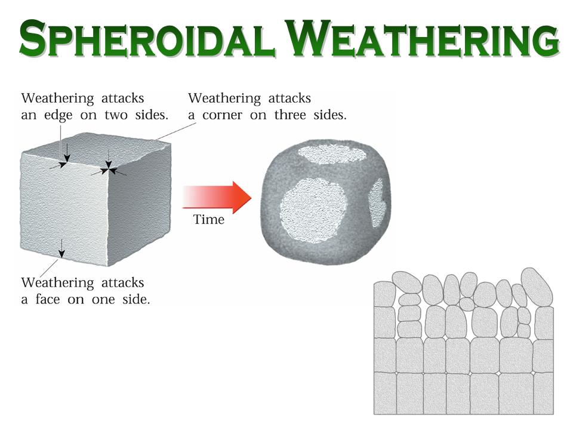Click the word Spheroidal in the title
pyautogui.click(x=147, y=38)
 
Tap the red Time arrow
pyautogui.click(x=217, y=198)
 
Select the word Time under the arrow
pyautogui.click(x=209, y=219)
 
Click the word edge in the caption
pyautogui.click(x=58, y=115)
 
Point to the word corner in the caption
pyautogui.click(x=222, y=115)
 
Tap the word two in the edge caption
pyautogui.click(x=115, y=115)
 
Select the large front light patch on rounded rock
pyautogui.click(x=313, y=210)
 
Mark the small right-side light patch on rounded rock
pyautogui.click(x=377, y=203)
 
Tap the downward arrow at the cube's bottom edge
pyautogui.click(x=61, y=248)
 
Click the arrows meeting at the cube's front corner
pyautogui.click(x=109, y=169)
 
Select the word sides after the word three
pyautogui.click(x=330, y=115)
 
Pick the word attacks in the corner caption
pyautogui.click(x=289, y=99)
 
